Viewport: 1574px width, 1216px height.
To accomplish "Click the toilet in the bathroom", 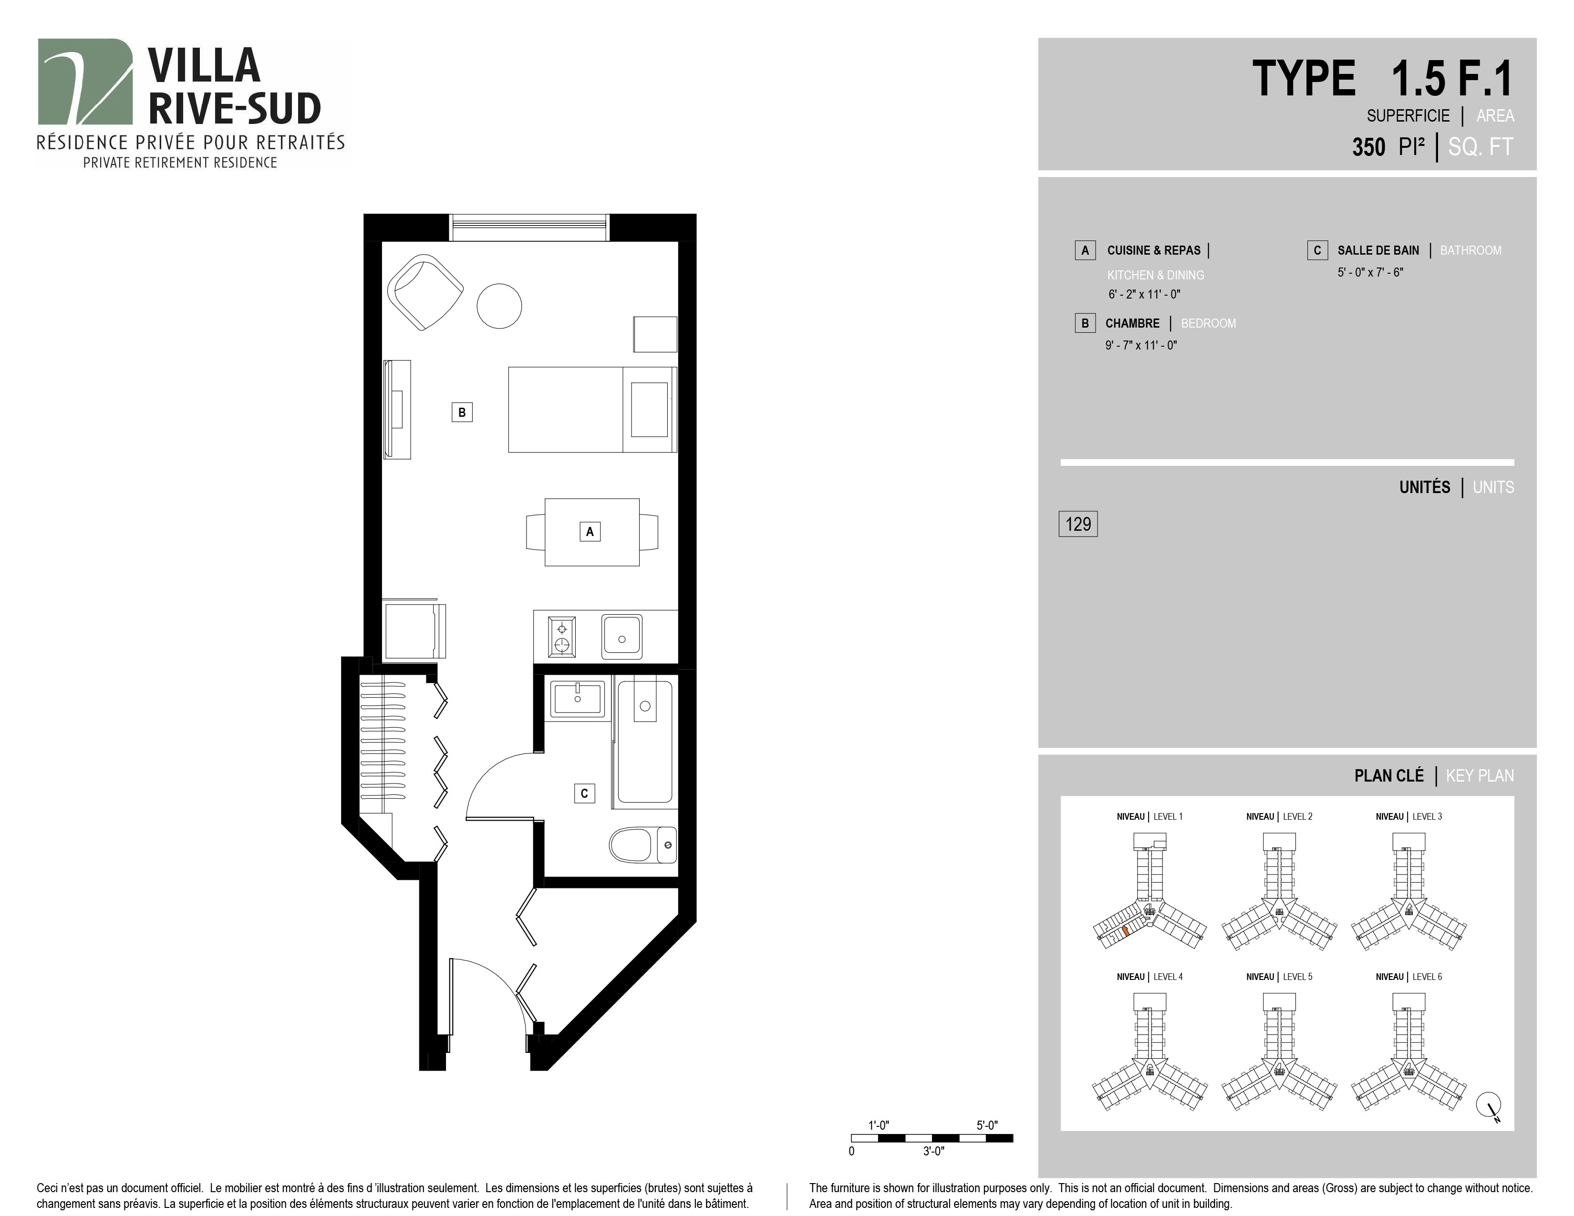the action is (643, 845).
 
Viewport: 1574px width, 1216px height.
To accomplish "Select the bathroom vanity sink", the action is (577, 698).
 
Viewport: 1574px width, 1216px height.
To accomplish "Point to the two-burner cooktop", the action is (561, 636).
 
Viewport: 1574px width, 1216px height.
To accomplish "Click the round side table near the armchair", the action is (499, 306).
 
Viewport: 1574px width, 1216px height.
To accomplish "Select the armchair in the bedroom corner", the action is (425, 292).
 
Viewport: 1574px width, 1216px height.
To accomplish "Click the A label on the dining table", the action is (590, 532).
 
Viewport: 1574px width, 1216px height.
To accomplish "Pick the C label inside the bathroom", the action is (584, 793).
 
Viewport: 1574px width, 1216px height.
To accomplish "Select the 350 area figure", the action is (1368, 147).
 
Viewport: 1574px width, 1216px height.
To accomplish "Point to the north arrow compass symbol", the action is (1490, 1104).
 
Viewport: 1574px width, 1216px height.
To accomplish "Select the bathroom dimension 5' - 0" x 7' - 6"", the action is (1370, 272).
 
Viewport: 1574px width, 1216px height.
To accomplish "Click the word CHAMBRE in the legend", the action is (1132, 323).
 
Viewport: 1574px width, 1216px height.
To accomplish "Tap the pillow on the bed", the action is (649, 409).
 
